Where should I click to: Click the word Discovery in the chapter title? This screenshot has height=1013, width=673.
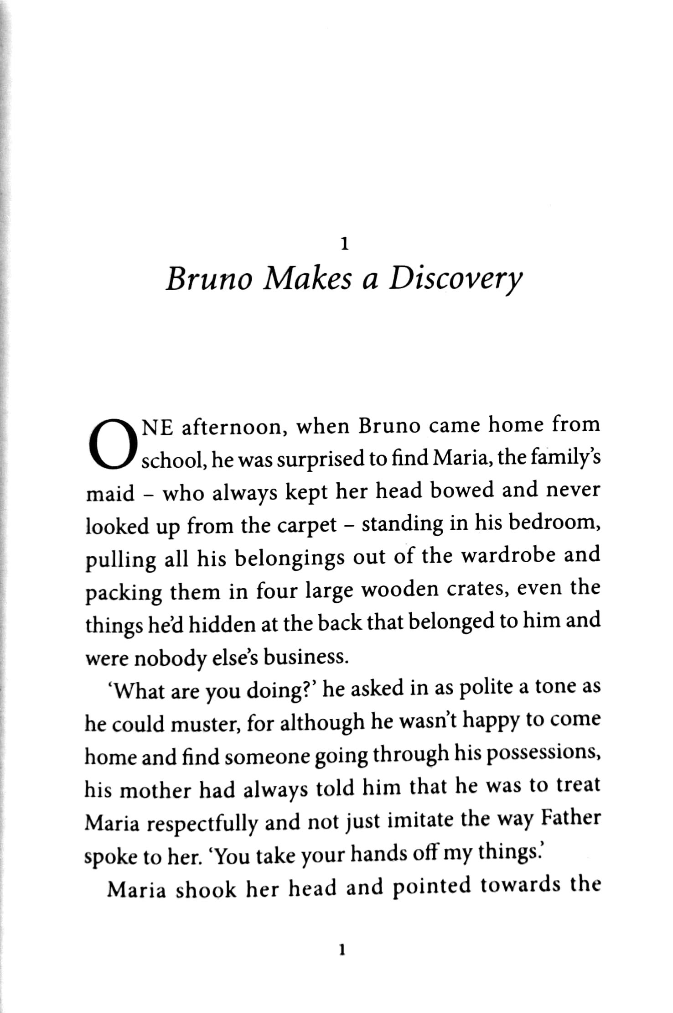click(454, 279)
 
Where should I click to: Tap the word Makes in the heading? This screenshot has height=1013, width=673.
click(308, 278)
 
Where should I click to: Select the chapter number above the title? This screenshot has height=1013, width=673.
click(345, 245)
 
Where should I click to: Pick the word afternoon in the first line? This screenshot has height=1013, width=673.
click(234, 428)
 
